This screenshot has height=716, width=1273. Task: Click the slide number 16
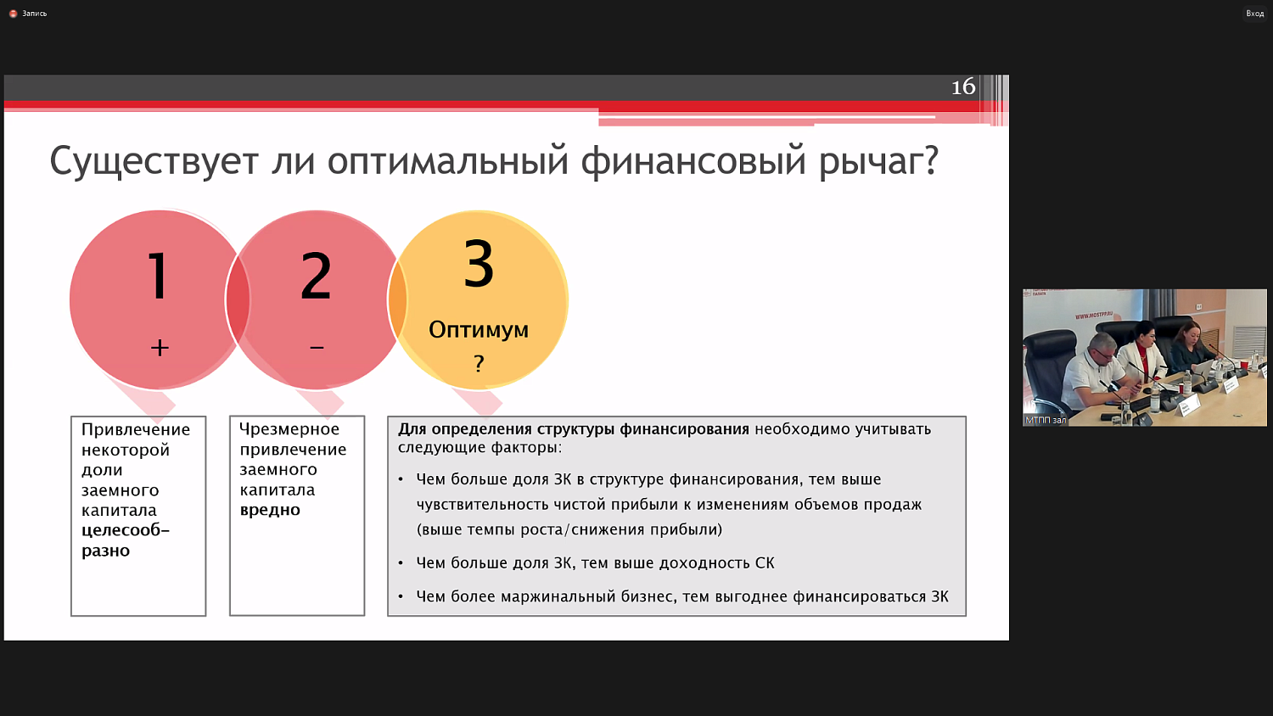coord(963,87)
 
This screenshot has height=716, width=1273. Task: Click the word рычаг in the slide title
coord(878,161)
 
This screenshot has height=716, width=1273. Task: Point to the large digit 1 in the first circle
coord(158,276)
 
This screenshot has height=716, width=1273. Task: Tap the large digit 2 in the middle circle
coord(316,276)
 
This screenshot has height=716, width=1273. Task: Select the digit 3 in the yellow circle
coord(479,264)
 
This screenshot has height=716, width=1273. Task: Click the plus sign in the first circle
coord(160,347)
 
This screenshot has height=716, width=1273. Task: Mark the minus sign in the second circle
coord(317,348)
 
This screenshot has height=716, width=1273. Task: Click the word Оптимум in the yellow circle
coord(479,329)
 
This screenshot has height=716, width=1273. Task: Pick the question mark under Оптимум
coord(479,364)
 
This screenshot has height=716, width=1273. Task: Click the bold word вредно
coord(270,510)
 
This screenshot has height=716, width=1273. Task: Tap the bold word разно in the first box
coord(105,551)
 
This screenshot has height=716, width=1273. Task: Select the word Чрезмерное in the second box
coord(289,429)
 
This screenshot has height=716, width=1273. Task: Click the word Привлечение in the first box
coord(136,429)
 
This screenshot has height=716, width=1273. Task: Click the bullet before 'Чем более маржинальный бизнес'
coord(401,597)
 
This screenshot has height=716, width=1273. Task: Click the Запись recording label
coord(34,14)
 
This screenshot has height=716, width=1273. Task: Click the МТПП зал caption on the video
coord(1046,420)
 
